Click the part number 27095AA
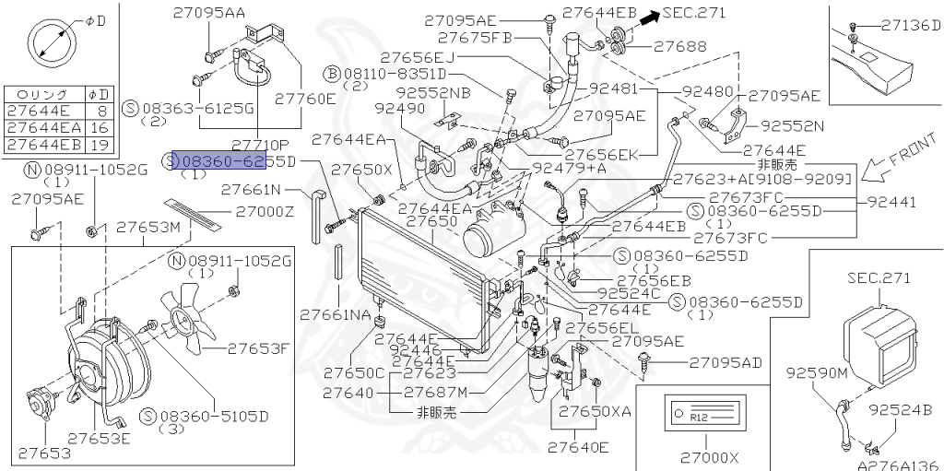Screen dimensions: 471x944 [x=208, y=12]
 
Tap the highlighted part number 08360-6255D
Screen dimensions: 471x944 [x=220, y=162]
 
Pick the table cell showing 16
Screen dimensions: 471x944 [x=98, y=127]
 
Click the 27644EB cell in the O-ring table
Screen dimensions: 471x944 [x=43, y=145]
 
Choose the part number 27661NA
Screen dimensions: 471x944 [x=335, y=314]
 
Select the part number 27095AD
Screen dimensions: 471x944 [x=726, y=362]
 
